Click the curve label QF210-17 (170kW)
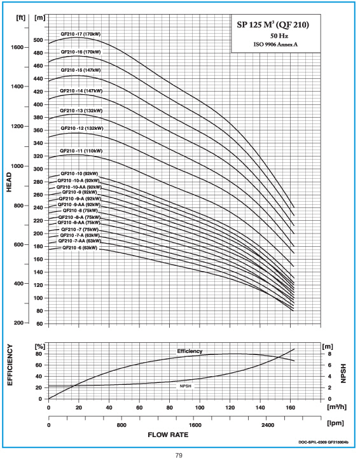(x=80, y=34)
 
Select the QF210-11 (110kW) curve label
(x=81, y=151)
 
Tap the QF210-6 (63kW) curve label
(x=80, y=248)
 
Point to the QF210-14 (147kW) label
(x=81, y=91)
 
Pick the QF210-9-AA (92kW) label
(x=79, y=204)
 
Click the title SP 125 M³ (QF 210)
(x=273, y=25)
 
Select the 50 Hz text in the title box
(x=279, y=36)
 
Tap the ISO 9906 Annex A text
(x=275, y=45)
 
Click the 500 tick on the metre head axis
(x=38, y=40)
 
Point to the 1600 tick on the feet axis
(x=17, y=47)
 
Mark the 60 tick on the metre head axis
(x=39, y=324)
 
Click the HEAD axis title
(x=9, y=182)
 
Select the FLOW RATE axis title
(x=168, y=435)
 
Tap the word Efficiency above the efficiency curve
(x=190, y=351)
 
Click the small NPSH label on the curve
(x=185, y=386)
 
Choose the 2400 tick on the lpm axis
(x=268, y=425)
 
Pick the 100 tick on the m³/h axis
(x=200, y=407)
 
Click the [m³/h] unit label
(x=337, y=407)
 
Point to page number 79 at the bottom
(x=179, y=455)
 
